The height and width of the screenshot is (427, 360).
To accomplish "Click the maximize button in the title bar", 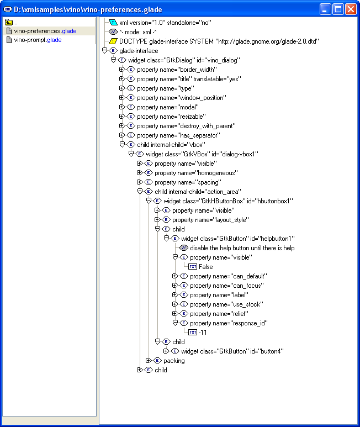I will click(337, 8).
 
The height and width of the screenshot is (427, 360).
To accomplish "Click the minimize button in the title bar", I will click(325, 8).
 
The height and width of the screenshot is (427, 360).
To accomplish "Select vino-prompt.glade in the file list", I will click(38, 40).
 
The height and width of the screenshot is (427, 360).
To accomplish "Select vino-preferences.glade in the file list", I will click(45, 31).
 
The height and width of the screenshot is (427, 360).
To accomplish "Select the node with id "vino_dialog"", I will click(184, 60).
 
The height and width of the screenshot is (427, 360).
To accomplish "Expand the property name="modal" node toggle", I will click(123, 107).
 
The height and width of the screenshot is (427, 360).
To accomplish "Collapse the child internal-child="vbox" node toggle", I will click(123, 145).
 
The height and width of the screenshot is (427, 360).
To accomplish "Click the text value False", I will click(205, 267).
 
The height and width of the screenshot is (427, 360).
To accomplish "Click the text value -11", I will click(204, 333).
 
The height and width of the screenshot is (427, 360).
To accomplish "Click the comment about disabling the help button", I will click(242, 248).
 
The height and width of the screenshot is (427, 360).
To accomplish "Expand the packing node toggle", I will click(149, 361).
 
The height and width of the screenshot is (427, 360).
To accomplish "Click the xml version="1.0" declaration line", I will click(165, 23).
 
